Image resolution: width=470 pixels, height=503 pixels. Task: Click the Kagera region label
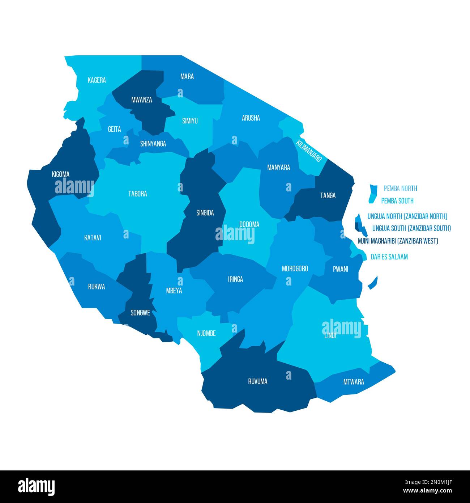(x=97, y=80)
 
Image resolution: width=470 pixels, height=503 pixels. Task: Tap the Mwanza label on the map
(x=141, y=100)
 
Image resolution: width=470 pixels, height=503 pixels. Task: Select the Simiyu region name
(x=190, y=121)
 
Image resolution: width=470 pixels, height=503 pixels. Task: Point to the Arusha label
(x=251, y=118)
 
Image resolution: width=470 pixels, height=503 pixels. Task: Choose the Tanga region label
(x=328, y=195)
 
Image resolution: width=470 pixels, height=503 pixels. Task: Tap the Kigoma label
(x=60, y=174)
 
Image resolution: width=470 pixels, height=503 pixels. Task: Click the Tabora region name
(x=137, y=194)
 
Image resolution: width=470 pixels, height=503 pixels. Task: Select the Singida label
(x=205, y=213)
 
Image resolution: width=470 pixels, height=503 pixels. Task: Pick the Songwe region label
(x=140, y=313)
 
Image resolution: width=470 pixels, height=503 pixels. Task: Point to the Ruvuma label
(x=257, y=381)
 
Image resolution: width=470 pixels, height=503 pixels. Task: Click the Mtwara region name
(x=353, y=382)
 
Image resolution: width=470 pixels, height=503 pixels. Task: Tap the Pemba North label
(x=400, y=188)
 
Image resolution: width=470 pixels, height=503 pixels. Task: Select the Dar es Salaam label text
(x=389, y=257)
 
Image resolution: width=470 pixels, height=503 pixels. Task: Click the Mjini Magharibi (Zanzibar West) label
(x=398, y=241)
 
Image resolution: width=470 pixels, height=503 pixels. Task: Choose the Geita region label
(x=114, y=129)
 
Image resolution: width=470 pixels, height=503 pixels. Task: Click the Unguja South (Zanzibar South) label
(x=411, y=228)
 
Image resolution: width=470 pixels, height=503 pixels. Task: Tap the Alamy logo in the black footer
(x=36, y=487)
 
